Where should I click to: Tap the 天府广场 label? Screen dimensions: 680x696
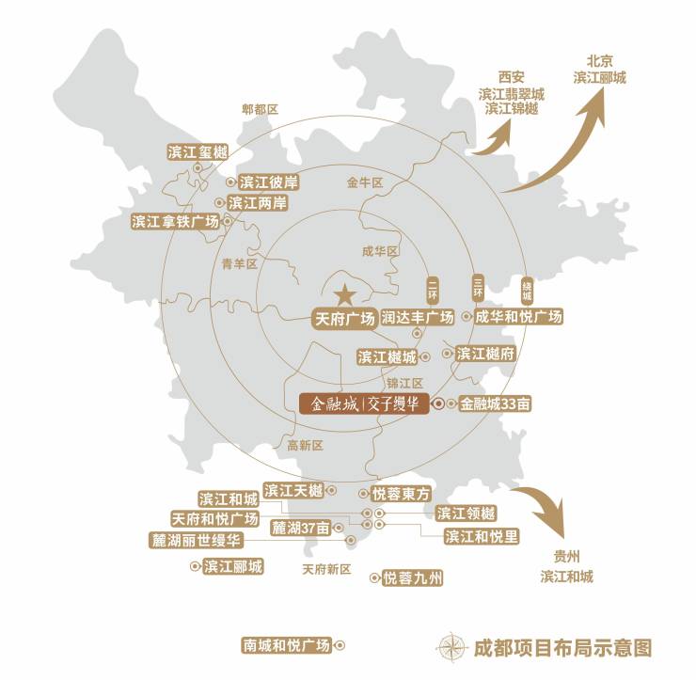[343, 317]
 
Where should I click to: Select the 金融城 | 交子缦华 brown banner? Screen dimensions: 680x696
[363, 404]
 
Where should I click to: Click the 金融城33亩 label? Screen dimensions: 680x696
[496, 404]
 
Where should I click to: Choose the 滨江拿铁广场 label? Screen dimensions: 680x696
[176, 222]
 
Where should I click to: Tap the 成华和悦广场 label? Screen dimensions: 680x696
[518, 317]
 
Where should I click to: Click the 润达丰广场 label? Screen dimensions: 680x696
[418, 317]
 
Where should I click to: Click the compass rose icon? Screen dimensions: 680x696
[451, 647]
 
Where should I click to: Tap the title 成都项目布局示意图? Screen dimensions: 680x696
[562, 647]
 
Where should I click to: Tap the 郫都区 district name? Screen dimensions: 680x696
[261, 110]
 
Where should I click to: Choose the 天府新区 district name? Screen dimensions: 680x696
[325, 569]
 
